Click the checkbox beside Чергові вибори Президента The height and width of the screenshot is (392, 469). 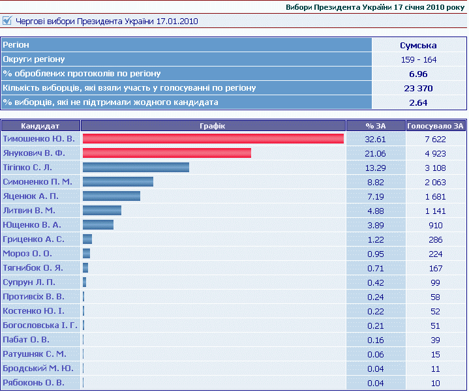7,21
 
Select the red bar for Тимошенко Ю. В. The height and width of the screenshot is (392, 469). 213,139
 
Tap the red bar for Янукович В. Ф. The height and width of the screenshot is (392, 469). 166,153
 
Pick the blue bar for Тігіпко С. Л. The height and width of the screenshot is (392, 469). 136,168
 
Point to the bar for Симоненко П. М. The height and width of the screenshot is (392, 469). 117,182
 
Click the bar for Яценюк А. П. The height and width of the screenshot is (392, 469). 111,196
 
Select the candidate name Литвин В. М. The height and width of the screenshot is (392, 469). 29,211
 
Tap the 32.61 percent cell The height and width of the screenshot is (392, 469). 376,139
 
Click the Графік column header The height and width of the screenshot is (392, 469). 213,126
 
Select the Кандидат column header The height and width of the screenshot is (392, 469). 40,126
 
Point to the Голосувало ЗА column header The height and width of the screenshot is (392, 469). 435,126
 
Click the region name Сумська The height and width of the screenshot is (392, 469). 418,45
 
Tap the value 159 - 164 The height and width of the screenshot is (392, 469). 418,59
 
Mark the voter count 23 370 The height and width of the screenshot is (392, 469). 418,88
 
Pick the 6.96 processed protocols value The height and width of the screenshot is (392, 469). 418,74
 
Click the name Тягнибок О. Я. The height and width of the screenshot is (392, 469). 33,268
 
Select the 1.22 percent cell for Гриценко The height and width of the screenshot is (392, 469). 376,239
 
